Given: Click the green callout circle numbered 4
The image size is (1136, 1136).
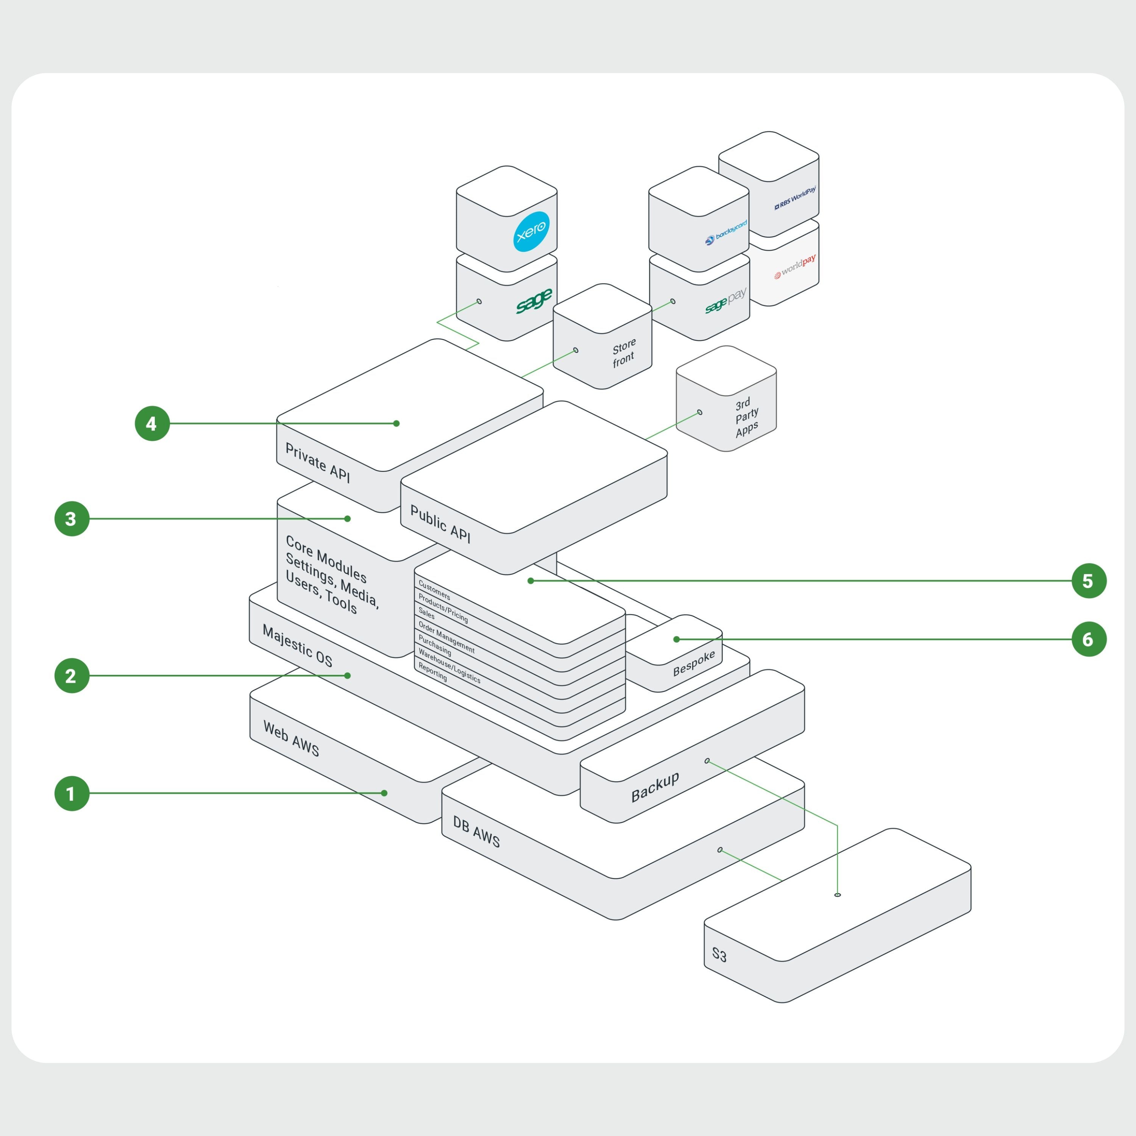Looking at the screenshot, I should pyautogui.click(x=152, y=423).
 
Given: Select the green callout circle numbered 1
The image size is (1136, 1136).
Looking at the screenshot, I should pyautogui.click(x=72, y=793).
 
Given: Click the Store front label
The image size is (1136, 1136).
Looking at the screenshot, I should pyautogui.click(x=624, y=352).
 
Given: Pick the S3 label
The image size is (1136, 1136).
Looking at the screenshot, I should pyautogui.click(x=719, y=954).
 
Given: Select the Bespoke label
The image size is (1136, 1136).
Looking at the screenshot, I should pyautogui.click(x=694, y=663).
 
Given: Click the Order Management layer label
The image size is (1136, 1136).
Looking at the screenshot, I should pyautogui.click(x=446, y=637).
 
